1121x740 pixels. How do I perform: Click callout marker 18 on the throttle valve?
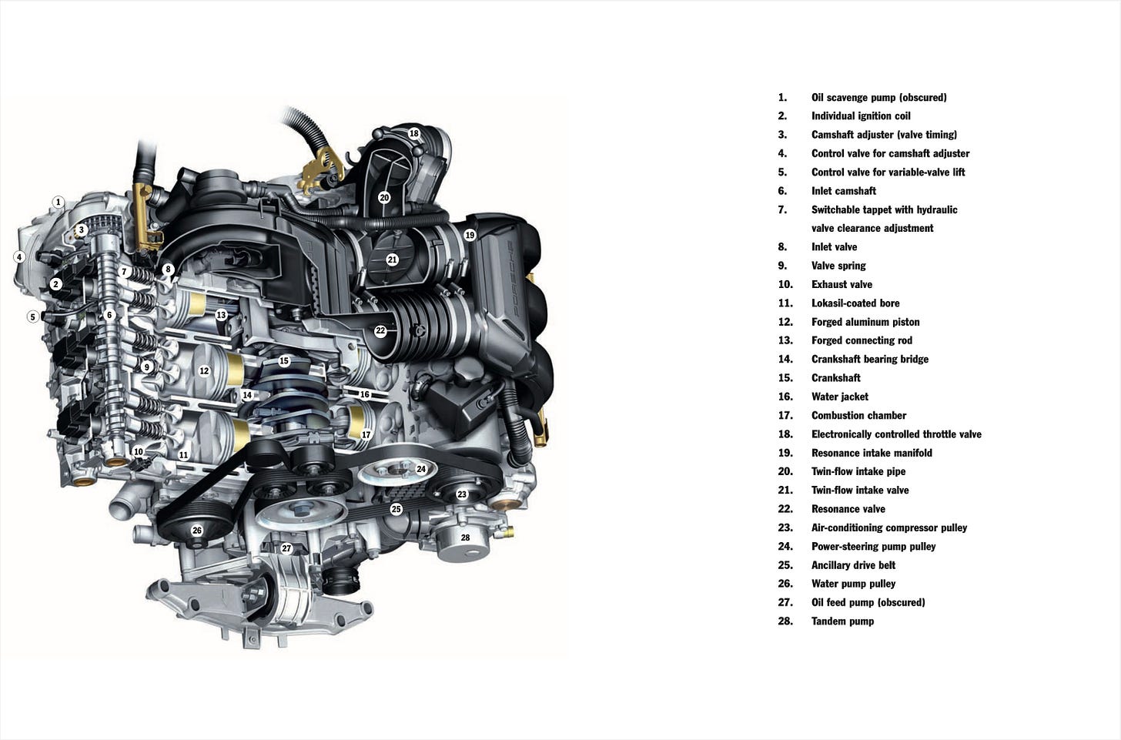(413, 133)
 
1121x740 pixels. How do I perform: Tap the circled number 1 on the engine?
(58, 203)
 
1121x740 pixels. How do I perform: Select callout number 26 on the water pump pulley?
(197, 531)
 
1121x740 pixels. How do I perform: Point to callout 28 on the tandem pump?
(465, 537)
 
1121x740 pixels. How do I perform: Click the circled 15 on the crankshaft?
(284, 360)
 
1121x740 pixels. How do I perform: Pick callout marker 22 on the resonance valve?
(380, 331)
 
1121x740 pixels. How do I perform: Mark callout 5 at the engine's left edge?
(32, 316)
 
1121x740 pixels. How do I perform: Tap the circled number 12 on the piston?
(204, 370)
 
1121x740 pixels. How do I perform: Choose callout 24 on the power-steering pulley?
(421, 469)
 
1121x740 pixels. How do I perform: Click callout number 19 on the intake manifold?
(470, 235)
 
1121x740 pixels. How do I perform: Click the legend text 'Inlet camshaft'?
(843, 191)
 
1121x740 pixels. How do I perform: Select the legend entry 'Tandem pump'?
(842, 621)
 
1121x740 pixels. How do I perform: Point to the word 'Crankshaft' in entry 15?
(835, 378)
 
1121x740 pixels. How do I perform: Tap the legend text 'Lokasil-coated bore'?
(855, 303)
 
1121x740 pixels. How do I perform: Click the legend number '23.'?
(785, 527)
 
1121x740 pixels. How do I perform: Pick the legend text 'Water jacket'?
(839, 397)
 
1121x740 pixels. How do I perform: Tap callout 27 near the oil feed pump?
(286, 548)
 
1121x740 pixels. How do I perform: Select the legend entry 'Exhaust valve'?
(842, 284)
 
